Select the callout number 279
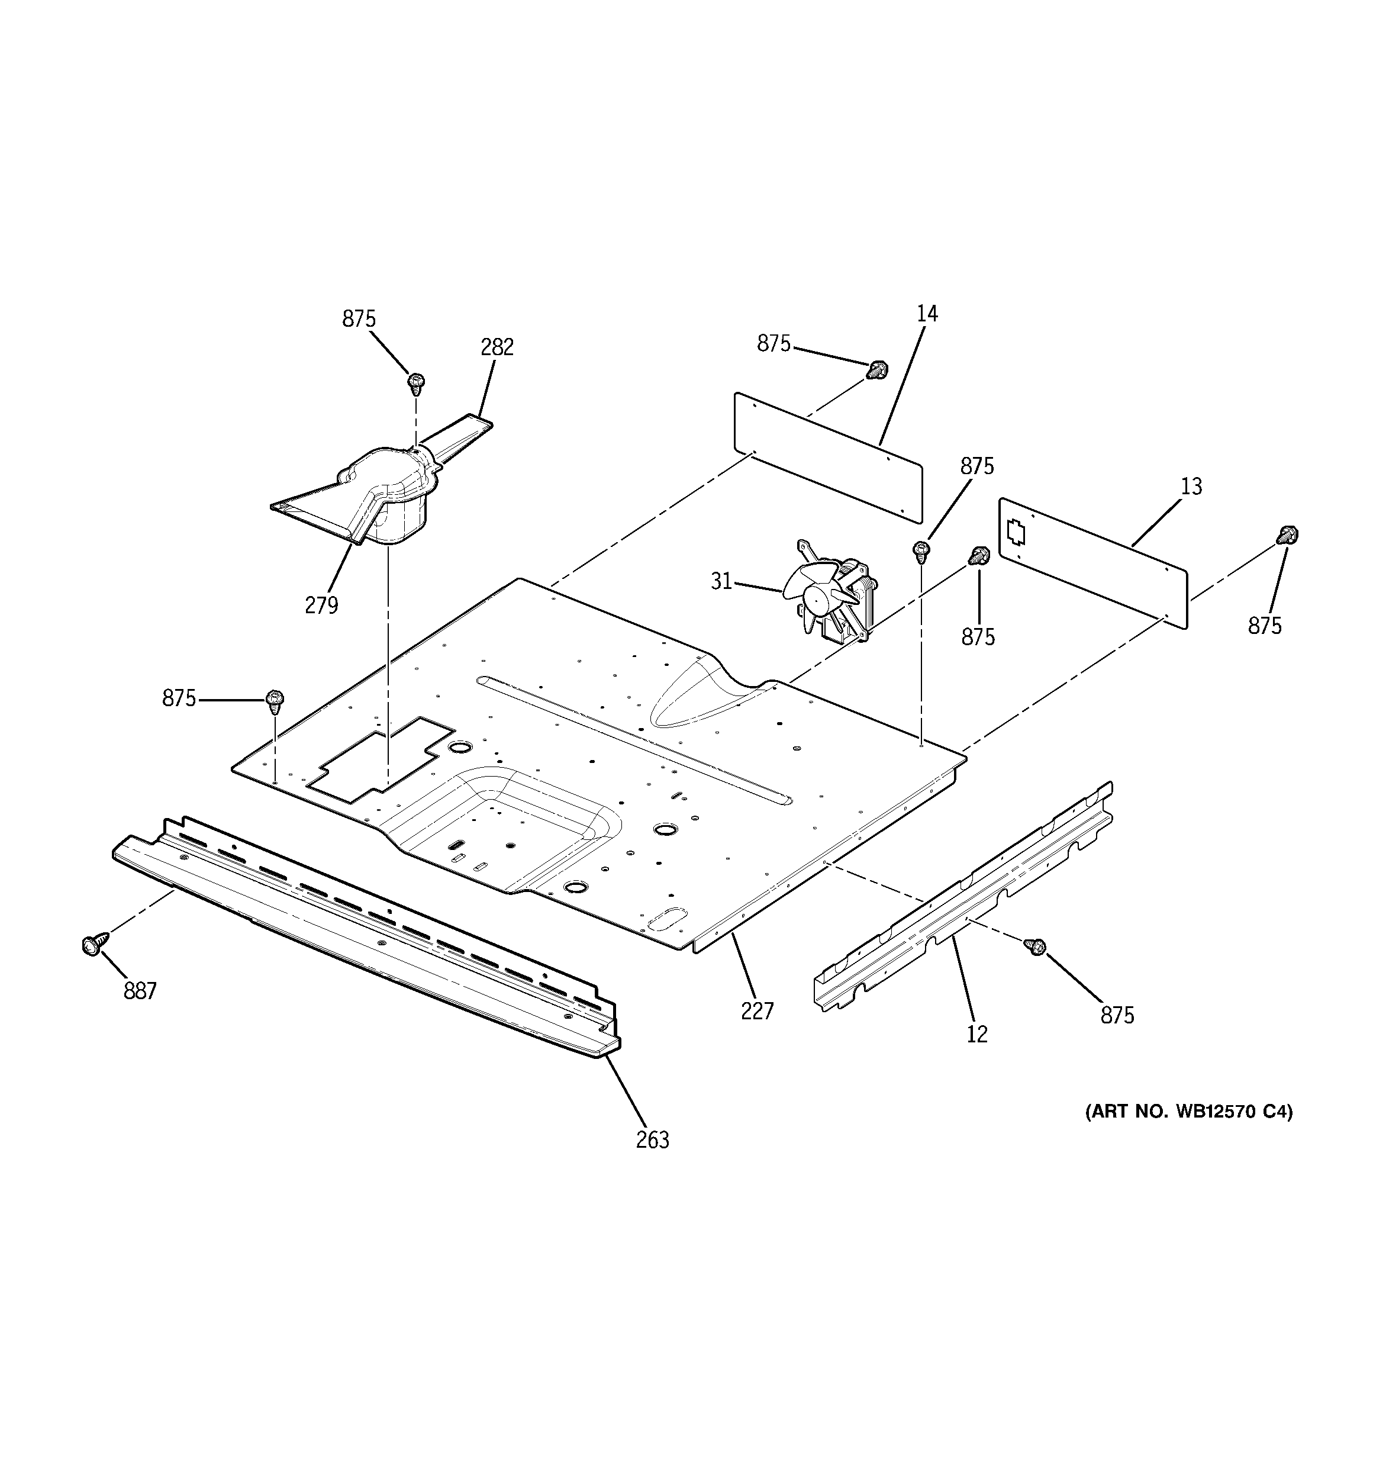[321, 605]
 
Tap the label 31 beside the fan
[721, 581]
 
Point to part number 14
[927, 314]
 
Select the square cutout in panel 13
[1016, 532]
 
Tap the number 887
[140, 991]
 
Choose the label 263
[652, 1140]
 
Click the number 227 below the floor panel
[757, 1011]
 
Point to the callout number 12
[976, 1035]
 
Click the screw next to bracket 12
[1034, 946]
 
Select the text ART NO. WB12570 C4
[1188, 1133]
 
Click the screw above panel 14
[877, 369]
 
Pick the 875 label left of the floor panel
[179, 698]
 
